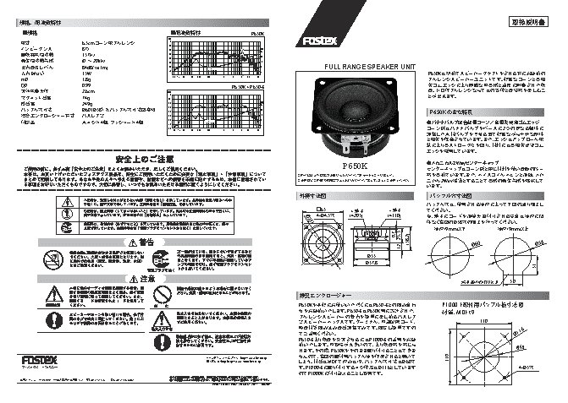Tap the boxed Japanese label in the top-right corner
530,21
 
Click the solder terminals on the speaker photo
356,147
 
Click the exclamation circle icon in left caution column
52,320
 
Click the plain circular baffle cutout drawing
455,254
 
